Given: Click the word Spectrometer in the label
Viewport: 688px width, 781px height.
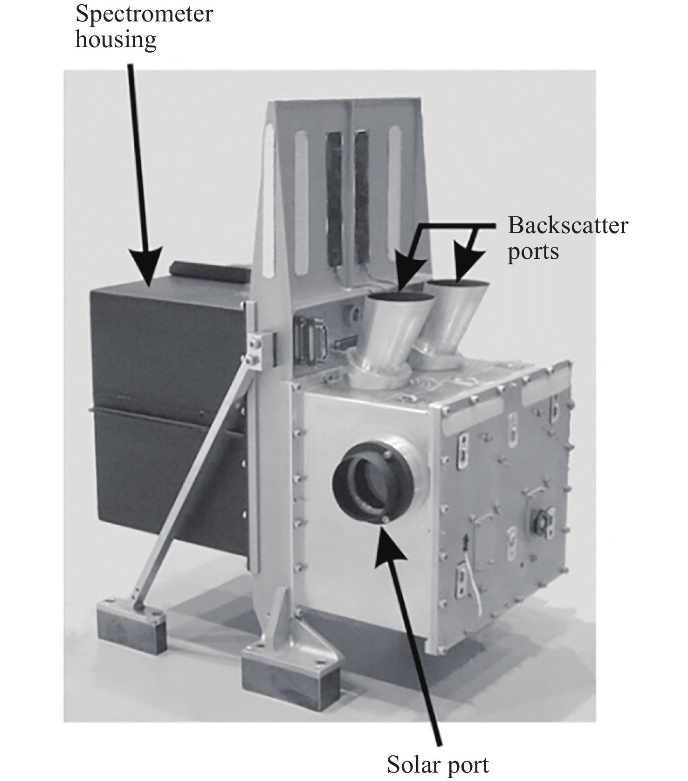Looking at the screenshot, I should [144, 14].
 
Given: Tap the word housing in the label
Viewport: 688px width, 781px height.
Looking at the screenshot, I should [116, 39].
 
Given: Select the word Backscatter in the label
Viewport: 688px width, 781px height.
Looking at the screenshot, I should [568, 226].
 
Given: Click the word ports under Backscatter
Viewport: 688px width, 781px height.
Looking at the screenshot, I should [533, 252].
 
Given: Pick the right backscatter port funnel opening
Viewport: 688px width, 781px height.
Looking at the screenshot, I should [457, 283].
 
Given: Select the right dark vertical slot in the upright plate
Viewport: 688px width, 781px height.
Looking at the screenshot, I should [362, 198].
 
